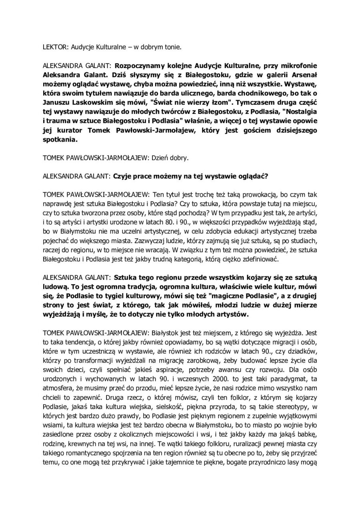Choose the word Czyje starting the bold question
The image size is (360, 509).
[x=123, y=175]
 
